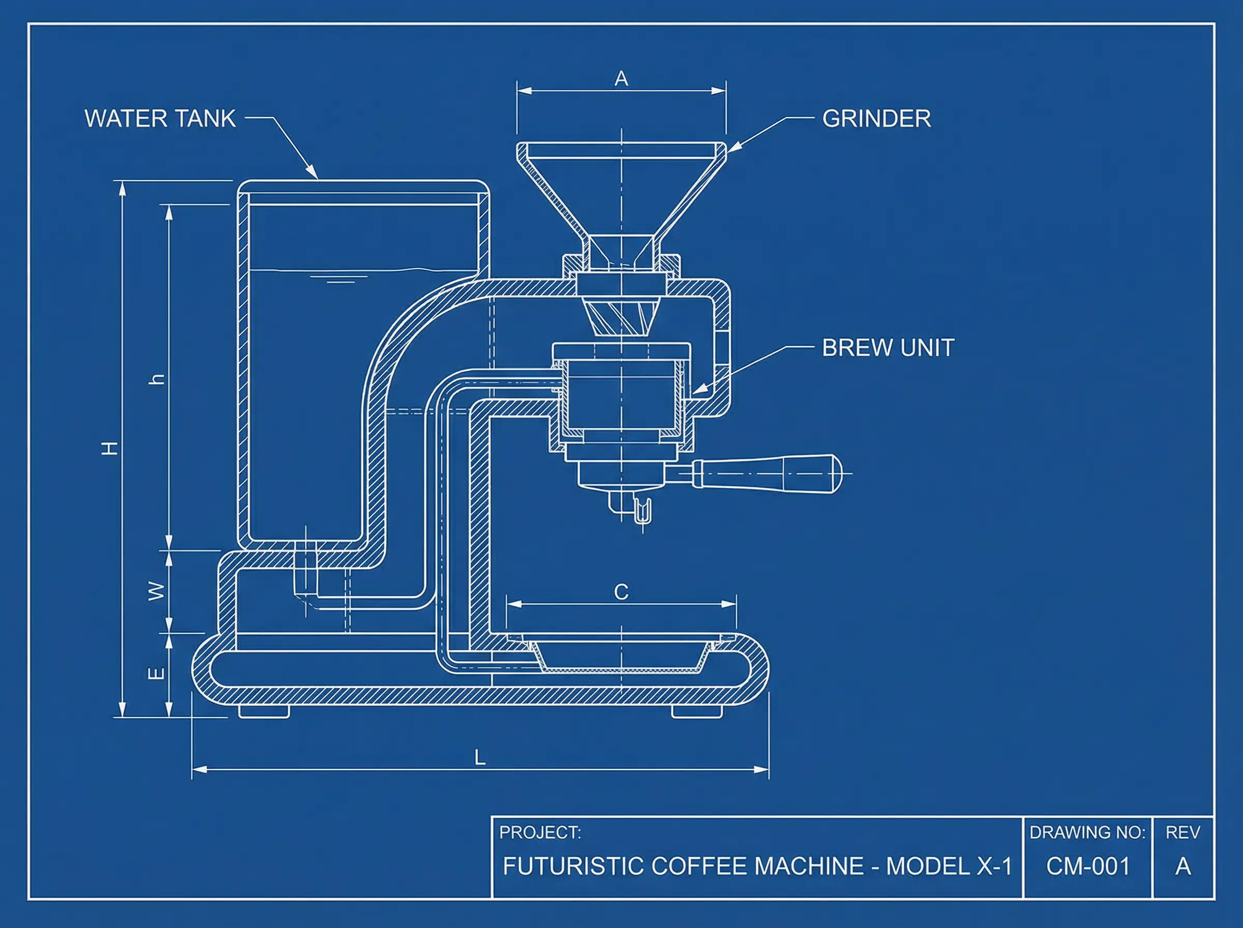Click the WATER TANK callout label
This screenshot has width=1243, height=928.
pyautogui.click(x=160, y=119)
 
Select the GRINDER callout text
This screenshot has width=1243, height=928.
pyautogui.click(x=876, y=119)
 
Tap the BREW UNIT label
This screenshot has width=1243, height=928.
pyautogui.click(x=888, y=347)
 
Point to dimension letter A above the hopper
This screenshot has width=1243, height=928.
pyautogui.click(x=621, y=79)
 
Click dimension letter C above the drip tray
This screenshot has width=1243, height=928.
pyautogui.click(x=621, y=592)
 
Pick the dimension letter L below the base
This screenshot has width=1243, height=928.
pyautogui.click(x=480, y=758)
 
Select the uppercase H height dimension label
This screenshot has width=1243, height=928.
pyautogui.click(x=110, y=448)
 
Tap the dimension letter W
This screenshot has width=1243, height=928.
pyautogui.click(x=157, y=591)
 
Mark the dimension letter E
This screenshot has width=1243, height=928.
pyautogui.click(x=157, y=673)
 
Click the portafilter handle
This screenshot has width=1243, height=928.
pyautogui.click(x=767, y=473)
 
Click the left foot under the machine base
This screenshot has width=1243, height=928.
pyautogui.click(x=264, y=712)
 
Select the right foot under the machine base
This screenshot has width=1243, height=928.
pyautogui.click(x=697, y=712)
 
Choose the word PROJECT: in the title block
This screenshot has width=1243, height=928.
pyautogui.click(x=540, y=832)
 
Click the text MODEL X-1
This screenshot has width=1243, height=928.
pyautogui.click(x=949, y=866)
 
